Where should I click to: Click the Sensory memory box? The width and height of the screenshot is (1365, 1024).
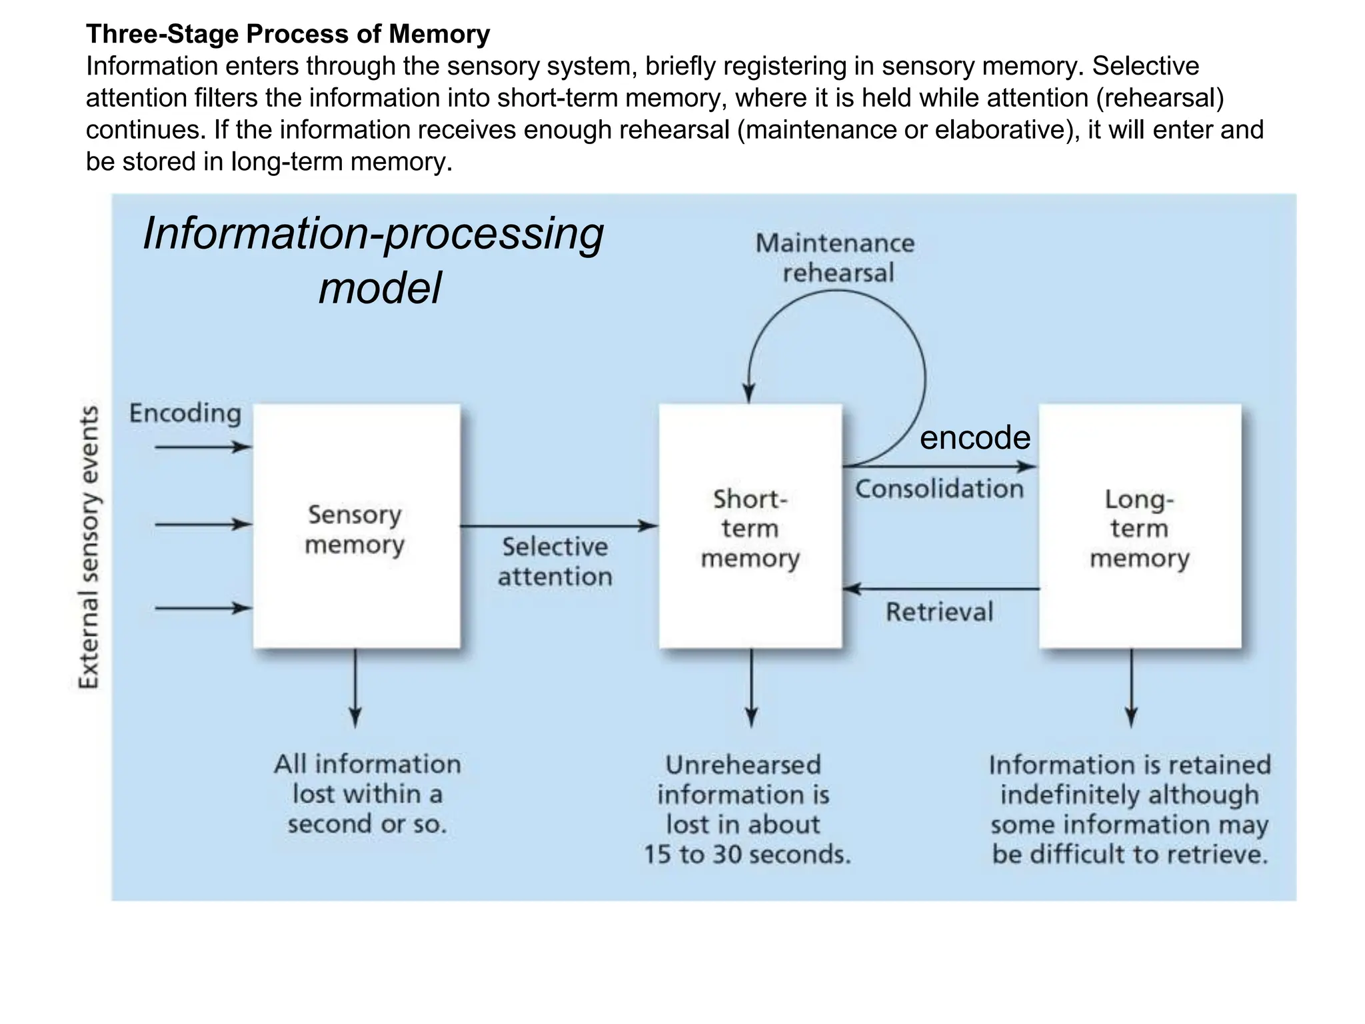[356, 527]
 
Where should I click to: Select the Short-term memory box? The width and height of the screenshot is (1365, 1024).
[750, 527]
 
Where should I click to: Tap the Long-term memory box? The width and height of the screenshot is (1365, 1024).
[1139, 527]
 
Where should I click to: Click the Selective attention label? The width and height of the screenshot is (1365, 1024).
[555, 561]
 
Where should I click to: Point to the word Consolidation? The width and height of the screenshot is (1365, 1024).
[939, 489]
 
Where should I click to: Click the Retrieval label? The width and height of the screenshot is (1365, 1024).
[939, 611]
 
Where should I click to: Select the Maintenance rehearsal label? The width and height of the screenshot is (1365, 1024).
[836, 257]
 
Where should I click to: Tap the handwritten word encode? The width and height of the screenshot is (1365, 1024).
[974, 438]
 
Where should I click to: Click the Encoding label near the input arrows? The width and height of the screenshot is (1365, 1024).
[185, 413]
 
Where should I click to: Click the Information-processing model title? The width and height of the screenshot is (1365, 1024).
[373, 260]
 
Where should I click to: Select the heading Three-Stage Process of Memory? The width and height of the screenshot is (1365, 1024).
[288, 33]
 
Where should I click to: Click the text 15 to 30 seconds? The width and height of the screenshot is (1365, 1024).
[746, 854]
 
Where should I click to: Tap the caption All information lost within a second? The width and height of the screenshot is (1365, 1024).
[367, 793]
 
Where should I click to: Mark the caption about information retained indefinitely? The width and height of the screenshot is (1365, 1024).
[1130, 809]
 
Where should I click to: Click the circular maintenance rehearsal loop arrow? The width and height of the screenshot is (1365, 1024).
[924, 373]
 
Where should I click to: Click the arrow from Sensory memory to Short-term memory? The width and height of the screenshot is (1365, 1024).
[559, 526]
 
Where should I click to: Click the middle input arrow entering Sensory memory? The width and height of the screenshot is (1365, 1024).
[203, 525]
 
